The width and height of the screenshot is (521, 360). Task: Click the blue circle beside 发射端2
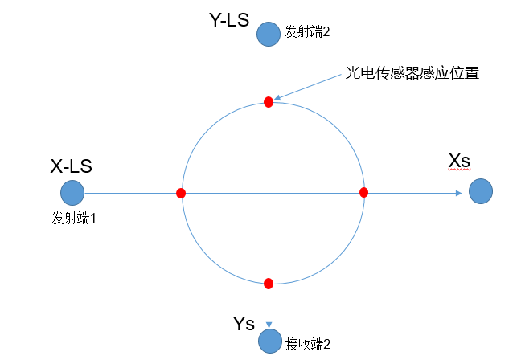pos(269,34)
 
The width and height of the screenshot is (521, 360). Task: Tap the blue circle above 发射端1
pos(72,193)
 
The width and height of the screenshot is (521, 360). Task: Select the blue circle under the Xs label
pos(480,192)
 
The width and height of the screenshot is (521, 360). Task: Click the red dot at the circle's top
pos(269,102)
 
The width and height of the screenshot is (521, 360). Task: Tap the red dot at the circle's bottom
pos(269,283)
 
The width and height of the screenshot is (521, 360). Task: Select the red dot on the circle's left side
pos(181,193)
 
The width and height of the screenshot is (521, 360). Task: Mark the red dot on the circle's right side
pos(363,192)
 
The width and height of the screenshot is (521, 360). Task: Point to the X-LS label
pos(72,166)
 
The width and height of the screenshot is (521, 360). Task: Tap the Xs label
pos(458,161)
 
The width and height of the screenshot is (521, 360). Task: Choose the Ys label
pos(243,324)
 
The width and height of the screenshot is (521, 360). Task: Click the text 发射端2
pos(308,33)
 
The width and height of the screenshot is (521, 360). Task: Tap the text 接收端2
pos(308,344)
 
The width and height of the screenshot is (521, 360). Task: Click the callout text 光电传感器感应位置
pos(412,73)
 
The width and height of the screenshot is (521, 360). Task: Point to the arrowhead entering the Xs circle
pos(459,193)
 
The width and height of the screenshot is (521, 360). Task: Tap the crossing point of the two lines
pos(269,193)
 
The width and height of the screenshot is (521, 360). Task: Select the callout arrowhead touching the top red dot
pos(278,97)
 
